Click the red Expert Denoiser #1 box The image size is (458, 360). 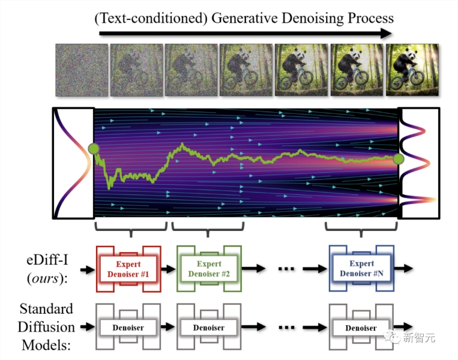(x=128, y=269)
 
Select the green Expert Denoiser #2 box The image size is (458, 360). (x=209, y=269)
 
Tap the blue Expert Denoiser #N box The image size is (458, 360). (x=361, y=268)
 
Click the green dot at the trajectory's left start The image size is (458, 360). (x=94, y=149)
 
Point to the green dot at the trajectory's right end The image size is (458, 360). (x=399, y=159)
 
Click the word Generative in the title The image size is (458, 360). (x=244, y=18)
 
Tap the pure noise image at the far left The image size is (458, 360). (x=82, y=70)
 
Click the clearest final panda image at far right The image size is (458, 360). (x=412, y=70)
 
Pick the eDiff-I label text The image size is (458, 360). (x=47, y=260)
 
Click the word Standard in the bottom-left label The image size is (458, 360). (x=46, y=309)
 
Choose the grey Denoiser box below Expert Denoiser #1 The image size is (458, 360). (x=128, y=327)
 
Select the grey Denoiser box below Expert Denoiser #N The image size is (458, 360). (x=361, y=327)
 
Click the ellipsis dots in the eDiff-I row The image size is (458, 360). (x=286, y=269)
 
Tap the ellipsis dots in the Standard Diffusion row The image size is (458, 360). (x=286, y=327)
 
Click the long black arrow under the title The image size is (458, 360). (x=246, y=34)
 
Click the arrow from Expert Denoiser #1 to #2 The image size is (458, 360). (x=168, y=269)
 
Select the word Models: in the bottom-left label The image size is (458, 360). (x=46, y=345)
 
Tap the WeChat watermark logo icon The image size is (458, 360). (x=392, y=337)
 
